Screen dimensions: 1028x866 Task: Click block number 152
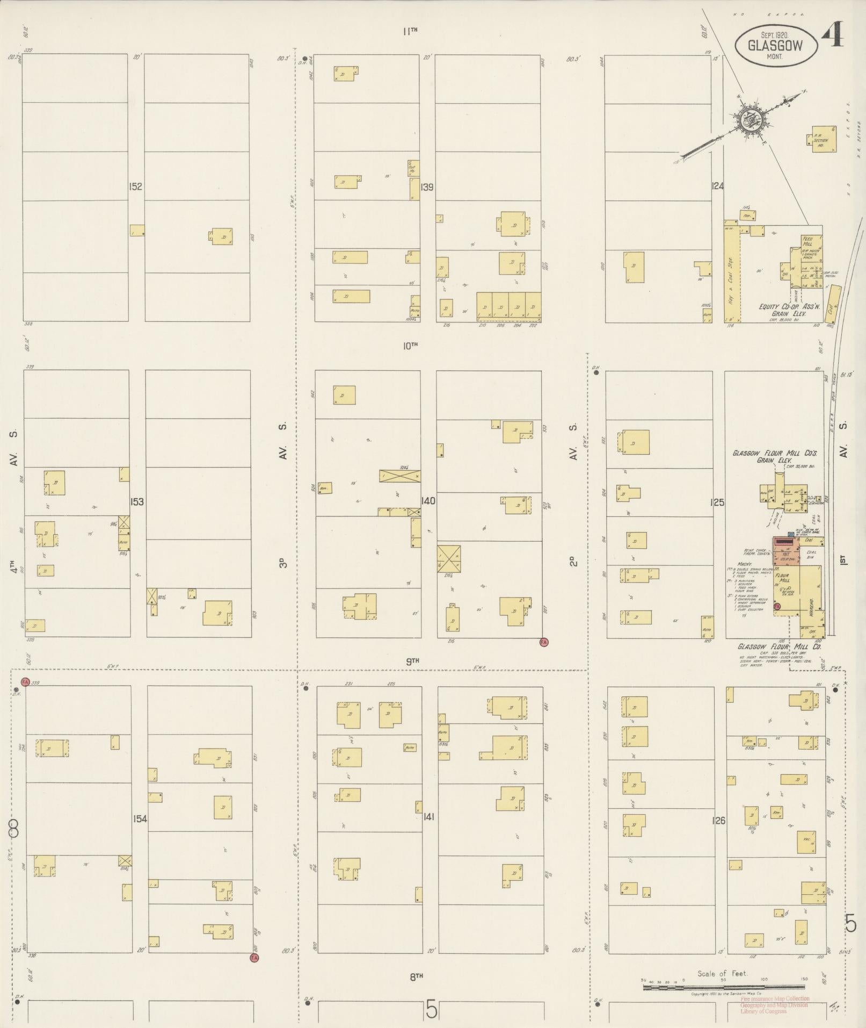pyautogui.click(x=135, y=186)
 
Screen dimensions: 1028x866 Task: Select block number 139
pyautogui.click(x=427, y=187)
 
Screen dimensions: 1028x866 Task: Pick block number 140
pyautogui.click(x=428, y=501)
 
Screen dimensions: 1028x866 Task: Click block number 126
pyautogui.click(x=719, y=821)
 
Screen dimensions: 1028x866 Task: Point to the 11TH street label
pyautogui.click(x=410, y=32)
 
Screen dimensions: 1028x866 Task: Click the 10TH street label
pyautogui.click(x=410, y=346)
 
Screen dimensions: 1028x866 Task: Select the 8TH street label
pyautogui.click(x=417, y=977)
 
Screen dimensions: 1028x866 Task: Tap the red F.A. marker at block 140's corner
pyautogui.click(x=543, y=642)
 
